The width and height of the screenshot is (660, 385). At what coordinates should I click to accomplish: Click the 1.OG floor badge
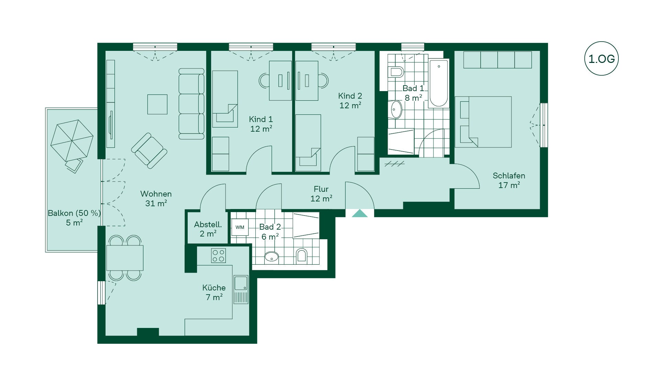[601, 59]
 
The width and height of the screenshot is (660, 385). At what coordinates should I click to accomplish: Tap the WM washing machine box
[240, 227]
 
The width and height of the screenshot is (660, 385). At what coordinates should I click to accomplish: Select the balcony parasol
[72, 140]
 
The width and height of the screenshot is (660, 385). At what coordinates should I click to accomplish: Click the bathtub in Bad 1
[439, 84]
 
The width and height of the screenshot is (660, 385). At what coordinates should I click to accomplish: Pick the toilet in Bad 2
[301, 255]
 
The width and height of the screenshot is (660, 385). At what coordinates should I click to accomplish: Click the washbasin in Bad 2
[272, 256]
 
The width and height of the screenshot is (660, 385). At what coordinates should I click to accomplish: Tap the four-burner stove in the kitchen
[218, 255]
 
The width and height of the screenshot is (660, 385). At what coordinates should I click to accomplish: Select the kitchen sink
[241, 289]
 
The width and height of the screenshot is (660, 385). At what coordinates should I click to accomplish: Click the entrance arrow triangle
[360, 213]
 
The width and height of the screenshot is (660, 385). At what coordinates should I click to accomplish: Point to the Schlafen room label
[509, 176]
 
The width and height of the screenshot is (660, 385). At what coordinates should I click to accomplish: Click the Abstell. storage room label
[208, 224]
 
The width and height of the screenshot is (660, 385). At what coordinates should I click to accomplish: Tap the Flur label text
[321, 189]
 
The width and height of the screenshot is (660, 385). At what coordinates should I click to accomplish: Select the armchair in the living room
[149, 151]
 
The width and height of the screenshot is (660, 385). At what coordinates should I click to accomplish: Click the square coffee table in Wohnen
[157, 104]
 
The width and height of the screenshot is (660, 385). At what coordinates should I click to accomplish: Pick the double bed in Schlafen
[483, 122]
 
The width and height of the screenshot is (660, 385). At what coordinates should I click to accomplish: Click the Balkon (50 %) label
[74, 213]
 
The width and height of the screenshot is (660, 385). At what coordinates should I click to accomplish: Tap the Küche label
[214, 288]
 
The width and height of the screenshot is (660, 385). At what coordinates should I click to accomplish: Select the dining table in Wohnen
[125, 258]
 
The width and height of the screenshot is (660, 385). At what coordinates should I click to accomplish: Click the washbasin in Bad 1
[396, 110]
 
